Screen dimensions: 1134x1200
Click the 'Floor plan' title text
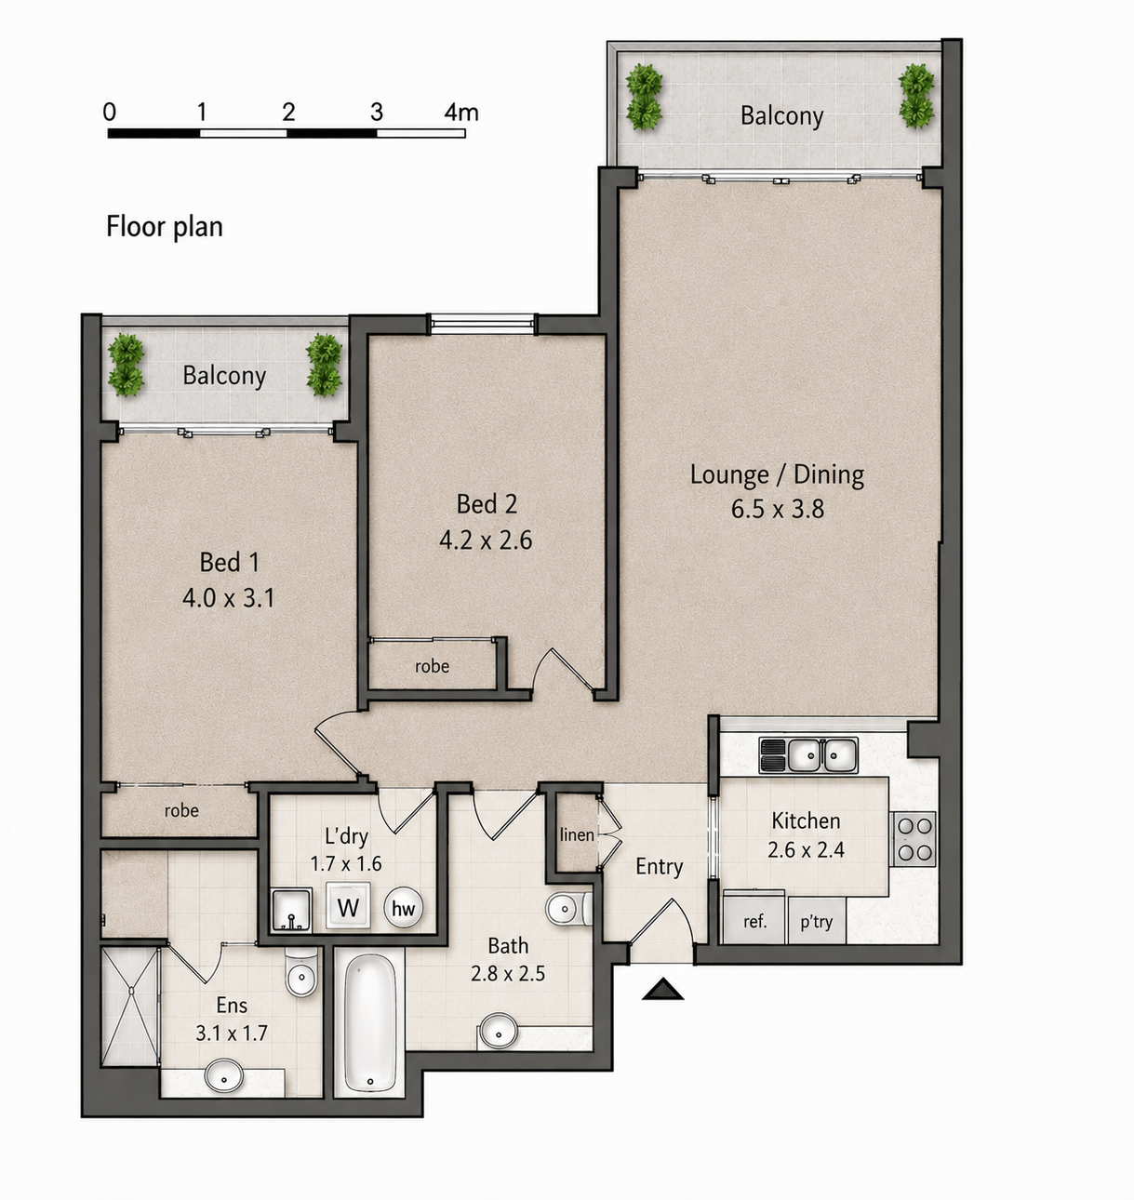(165, 227)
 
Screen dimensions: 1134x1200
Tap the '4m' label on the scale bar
(460, 112)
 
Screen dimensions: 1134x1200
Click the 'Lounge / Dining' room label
(777, 474)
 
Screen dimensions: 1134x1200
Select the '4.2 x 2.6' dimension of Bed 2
(486, 540)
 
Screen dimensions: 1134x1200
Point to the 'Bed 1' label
(229, 563)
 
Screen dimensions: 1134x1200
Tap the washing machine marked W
(348, 906)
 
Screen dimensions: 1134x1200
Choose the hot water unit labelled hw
(403, 908)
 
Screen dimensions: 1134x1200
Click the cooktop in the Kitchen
(914, 839)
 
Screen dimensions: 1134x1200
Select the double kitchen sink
(808, 755)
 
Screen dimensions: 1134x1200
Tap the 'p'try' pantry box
(817, 922)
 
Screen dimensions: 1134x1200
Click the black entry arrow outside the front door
(662, 989)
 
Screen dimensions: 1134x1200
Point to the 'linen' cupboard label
(576, 834)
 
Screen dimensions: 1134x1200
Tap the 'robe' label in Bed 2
(432, 666)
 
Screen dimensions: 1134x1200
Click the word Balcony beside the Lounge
(781, 115)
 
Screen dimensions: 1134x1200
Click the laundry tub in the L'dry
(291, 910)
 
